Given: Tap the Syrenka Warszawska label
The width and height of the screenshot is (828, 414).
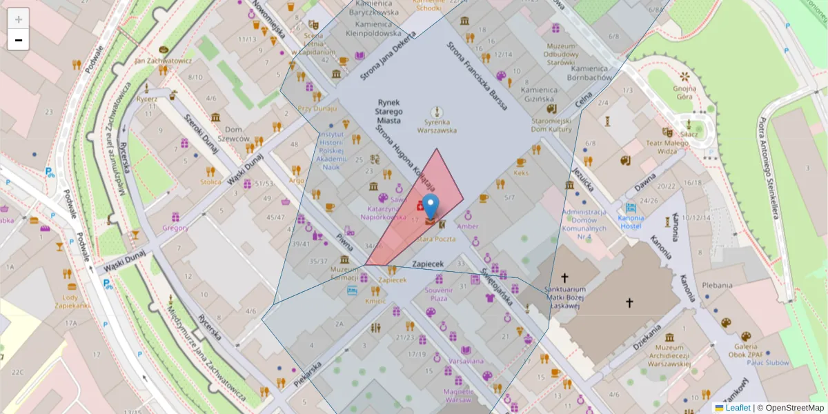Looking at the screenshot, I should point(436,126).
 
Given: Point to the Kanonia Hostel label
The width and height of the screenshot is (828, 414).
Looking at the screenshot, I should point(631,221).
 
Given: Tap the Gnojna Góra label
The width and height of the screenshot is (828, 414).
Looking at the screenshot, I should point(684,92).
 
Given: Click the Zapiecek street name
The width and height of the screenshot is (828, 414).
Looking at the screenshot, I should point(427,264).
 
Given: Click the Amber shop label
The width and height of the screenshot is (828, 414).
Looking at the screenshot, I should point(467,226).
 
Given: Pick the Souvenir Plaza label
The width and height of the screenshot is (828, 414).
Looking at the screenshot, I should point(439,294).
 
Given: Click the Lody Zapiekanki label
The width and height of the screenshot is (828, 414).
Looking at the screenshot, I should point(72,301).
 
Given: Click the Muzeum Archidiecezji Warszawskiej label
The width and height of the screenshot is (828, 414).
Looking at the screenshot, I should point(669,355).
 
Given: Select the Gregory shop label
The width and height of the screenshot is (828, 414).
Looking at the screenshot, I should point(175,228).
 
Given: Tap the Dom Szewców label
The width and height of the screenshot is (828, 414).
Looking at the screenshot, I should point(237,134).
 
